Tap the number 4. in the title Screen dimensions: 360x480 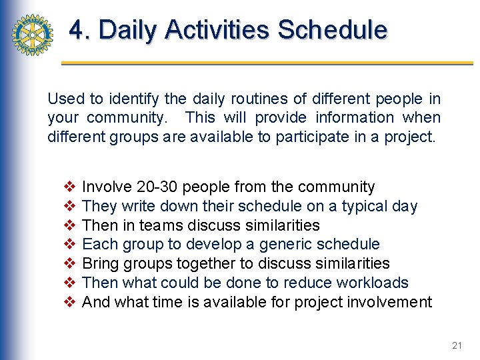[80, 30]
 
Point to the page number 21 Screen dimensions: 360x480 [457, 345]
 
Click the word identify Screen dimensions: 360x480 [132, 99]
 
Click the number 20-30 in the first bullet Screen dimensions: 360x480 [157, 187]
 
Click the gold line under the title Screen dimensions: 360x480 [267, 63]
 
